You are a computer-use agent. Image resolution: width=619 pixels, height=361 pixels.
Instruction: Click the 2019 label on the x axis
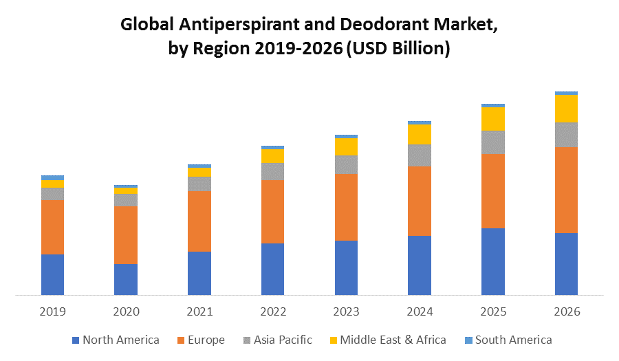pyautogui.click(x=52, y=311)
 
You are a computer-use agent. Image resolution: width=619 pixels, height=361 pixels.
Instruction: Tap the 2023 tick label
pyautogui.click(x=346, y=311)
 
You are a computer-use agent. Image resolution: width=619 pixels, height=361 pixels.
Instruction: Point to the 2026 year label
pyautogui.click(x=566, y=311)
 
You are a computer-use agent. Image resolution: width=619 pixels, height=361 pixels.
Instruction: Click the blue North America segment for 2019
pyautogui.click(x=52, y=275)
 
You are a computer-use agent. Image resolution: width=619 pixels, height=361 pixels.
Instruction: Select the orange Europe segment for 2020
pyautogui.click(x=126, y=234)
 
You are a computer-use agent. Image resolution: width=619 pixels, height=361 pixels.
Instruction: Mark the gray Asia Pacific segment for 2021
pyautogui.click(x=199, y=184)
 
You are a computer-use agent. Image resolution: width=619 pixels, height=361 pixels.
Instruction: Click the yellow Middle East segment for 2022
pyautogui.click(x=272, y=156)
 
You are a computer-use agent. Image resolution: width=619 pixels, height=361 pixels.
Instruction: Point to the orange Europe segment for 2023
pyautogui.click(x=346, y=207)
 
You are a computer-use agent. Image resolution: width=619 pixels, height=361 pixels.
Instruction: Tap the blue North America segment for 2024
pyautogui.click(x=420, y=265)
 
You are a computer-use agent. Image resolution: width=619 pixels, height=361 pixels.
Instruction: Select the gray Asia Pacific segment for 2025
pyautogui.click(x=493, y=142)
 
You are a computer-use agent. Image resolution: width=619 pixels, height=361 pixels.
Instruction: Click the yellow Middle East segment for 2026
pyautogui.click(x=566, y=108)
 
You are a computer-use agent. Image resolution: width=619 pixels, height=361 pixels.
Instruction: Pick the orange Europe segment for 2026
pyautogui.click(x=566, y=190)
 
